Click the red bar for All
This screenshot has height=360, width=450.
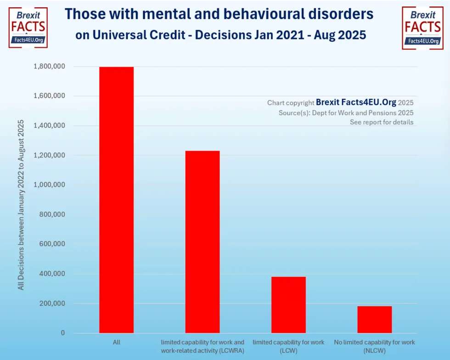[116, 200]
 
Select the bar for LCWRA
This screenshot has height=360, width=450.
[202, 242]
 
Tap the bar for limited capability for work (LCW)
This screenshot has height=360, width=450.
[288, 305]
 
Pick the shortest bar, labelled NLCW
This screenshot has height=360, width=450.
[374, 320]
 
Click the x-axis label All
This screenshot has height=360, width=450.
[116, 343]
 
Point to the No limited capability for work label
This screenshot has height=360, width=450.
[374, 343]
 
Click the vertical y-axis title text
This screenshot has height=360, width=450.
[21, 204]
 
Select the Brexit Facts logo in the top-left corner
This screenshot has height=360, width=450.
[28, 27]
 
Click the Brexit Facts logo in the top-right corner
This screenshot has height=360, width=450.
[422, 27]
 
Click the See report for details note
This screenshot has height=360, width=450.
[381, 122]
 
